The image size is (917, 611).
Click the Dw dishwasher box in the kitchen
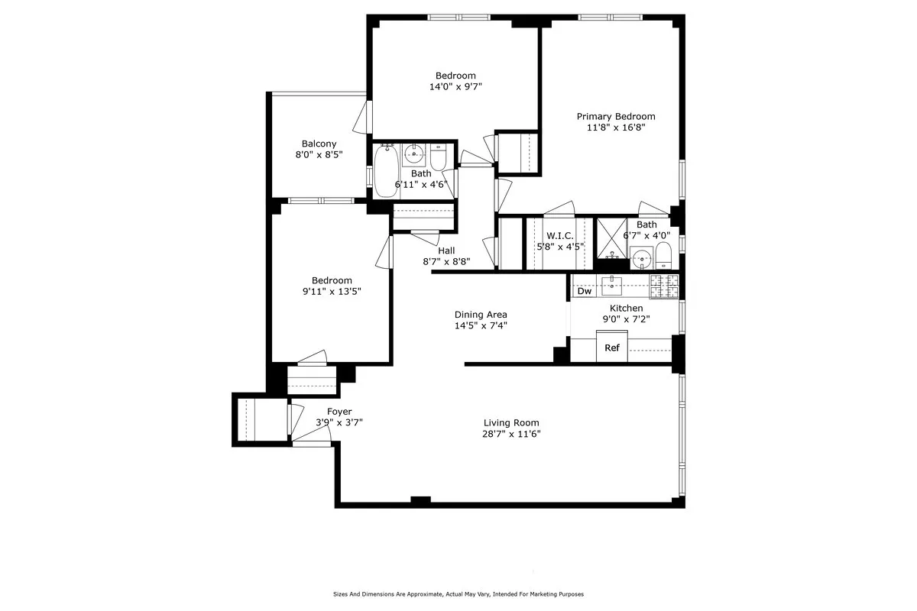coord(585,291)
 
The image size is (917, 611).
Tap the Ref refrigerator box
coord(611,348)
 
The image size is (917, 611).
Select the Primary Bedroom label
coord(616,116)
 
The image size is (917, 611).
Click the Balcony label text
coord(319,144)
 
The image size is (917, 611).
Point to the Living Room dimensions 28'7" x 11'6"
coord(511,434)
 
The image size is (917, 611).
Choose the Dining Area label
coord(481,315)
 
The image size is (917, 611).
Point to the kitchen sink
coord(612,286)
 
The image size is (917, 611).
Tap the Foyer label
coord(339,412)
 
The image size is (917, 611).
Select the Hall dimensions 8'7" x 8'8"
coord(447,261)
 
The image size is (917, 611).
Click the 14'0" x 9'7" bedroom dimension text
coord(455,86)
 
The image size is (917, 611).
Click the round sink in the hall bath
coord(414,155)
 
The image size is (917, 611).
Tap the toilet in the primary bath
coord(663,256)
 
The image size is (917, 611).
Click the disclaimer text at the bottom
coord(458,593)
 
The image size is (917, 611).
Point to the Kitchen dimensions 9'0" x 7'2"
coord(626,319)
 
